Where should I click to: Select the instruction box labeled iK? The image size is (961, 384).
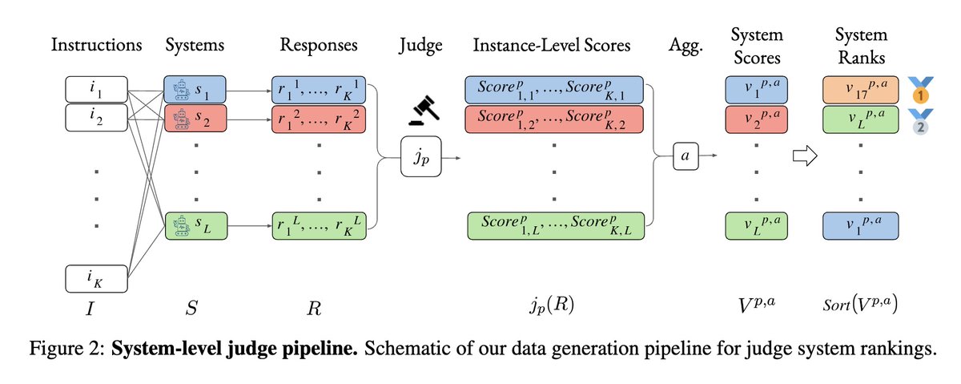coord(96,280)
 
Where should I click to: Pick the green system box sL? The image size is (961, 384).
coord(194,224)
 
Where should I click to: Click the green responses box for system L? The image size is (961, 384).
coord(318,224)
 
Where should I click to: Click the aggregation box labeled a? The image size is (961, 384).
coord(684,157)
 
